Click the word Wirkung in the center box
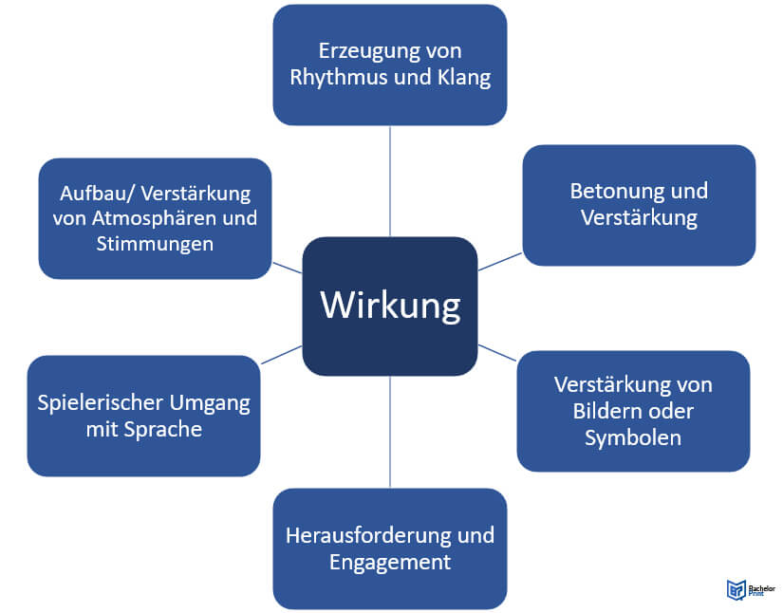click(x=390, y=306)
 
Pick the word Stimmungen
click(x=155, y=244)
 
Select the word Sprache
click(x=162, y=429)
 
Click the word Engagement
click(x=390, y=562)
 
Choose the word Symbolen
click(x=633, y=437)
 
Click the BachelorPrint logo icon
click(x=735, y=590)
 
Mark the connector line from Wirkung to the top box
click(x=390, y=180)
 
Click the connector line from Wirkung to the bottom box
click(x=390, y=432)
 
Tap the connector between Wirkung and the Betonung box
click(x=500, y=261)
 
